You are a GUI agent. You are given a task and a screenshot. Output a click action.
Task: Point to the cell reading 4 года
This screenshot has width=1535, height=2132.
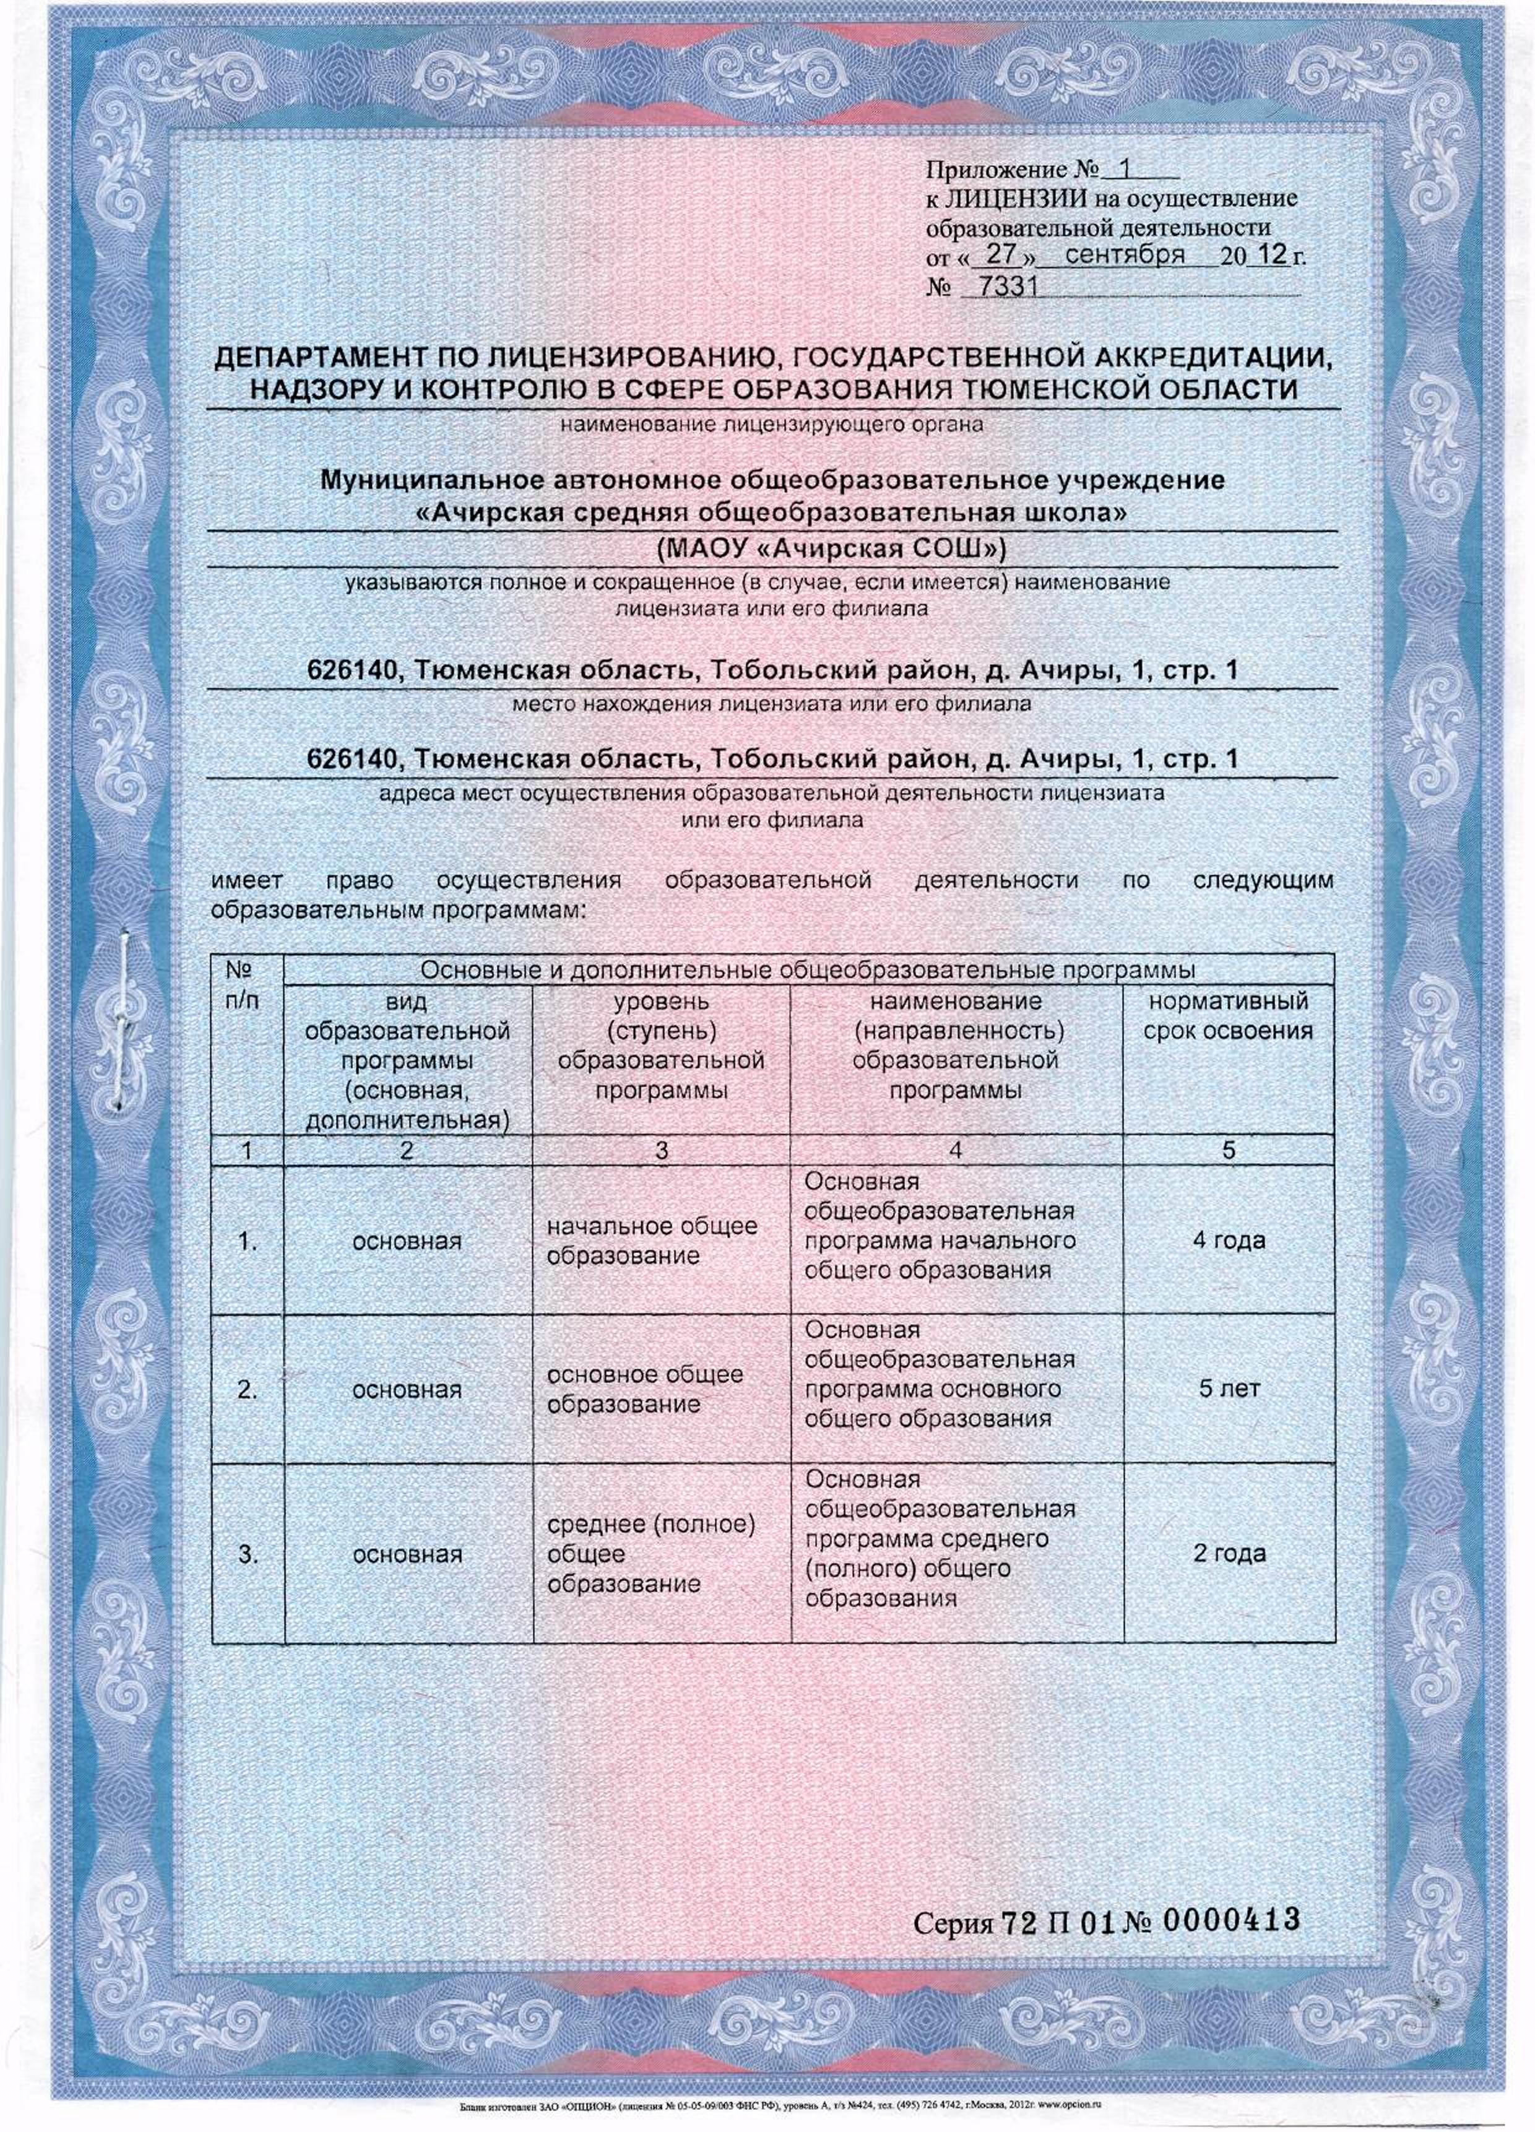[x=1229, y=1240]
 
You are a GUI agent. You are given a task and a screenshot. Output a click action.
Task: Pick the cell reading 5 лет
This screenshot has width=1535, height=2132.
[x=1229, y=1389]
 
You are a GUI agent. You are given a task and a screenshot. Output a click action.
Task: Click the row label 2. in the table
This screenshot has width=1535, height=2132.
[x=247, y=1389]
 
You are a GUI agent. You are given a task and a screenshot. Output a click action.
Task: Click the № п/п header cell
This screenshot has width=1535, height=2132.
[x=247, y=982]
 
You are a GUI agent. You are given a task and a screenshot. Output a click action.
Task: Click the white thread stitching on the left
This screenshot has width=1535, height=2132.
[x=122, y=1015]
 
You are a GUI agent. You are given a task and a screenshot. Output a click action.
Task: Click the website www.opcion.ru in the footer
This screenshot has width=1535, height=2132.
[x=1076, y=2105]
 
